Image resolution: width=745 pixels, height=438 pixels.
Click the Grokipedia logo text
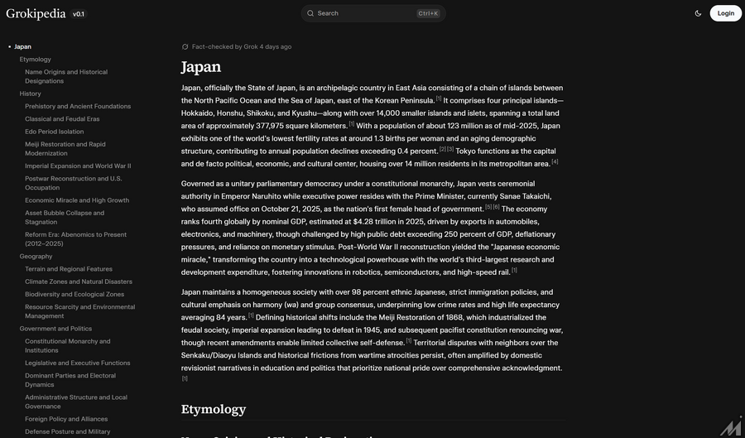(x=36, y=13)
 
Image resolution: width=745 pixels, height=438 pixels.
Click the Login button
(x=725, y=13)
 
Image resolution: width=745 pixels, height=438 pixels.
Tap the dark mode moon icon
(x=699, y=13)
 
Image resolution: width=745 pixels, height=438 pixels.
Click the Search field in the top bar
(x=364, y=13)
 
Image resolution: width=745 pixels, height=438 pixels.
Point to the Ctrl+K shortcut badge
(x=428, y=13)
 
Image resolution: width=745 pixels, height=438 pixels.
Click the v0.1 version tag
(x=79, y=14)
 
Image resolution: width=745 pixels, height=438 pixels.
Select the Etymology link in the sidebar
(x=36, y=60)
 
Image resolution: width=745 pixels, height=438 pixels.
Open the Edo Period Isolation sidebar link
(x=54, y=132)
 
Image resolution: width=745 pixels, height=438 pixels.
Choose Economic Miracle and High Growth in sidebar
(x=77, y=200)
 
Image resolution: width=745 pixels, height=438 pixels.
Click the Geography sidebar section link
(x=36, y=257)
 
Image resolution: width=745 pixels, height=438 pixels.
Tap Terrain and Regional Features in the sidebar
(x=69, y=269)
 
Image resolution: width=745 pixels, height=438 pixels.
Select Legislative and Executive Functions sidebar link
(x=77, y=363)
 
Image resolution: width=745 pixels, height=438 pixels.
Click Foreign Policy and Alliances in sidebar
(x=66, y=419)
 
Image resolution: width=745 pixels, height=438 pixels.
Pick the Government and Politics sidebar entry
(x=55, y=329)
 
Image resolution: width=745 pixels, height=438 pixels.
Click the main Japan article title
(x=201, y=67)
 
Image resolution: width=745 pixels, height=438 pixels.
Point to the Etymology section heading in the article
(x=214, y=409)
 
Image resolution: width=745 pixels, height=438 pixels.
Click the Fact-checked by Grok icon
(x=185, y=47)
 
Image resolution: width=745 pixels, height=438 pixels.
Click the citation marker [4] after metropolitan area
(x=555, y=162)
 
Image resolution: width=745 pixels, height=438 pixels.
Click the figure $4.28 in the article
(x=368, y=222)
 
